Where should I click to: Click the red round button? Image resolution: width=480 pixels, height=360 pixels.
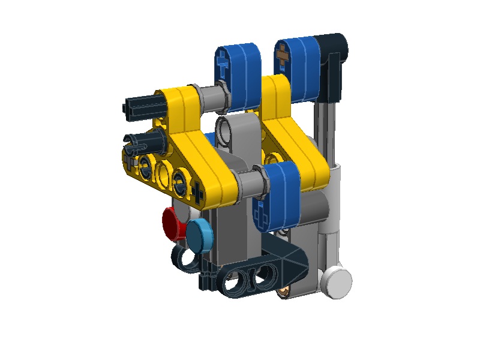(174, 222)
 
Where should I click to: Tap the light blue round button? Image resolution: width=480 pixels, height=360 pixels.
(199, 234)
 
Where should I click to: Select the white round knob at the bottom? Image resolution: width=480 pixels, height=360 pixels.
(337, 280)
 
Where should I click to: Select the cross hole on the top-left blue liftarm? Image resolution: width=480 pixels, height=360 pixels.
(223, 64)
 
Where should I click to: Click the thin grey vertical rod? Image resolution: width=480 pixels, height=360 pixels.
(323, 132)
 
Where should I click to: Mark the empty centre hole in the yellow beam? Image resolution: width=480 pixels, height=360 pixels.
(163, 175)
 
